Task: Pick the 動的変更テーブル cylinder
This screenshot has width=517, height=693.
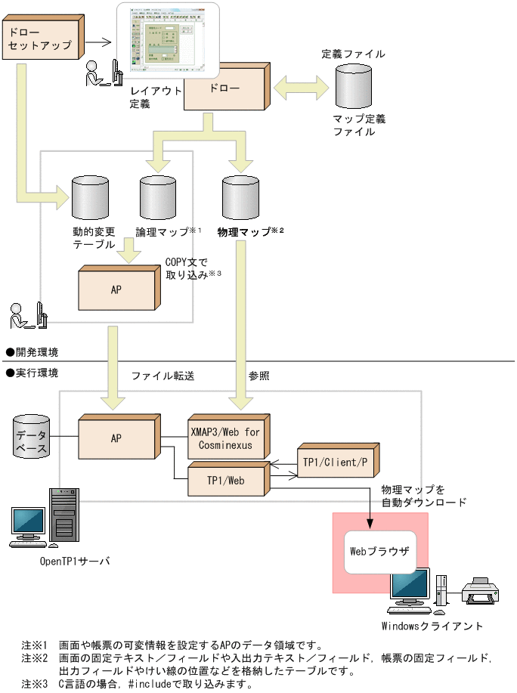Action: (x=90, y=197)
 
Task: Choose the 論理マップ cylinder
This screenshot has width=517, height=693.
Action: (x=158, y=197)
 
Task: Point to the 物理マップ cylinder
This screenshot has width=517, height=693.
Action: (x=240, y=197)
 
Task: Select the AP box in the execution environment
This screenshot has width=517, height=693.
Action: (x=116, y=438)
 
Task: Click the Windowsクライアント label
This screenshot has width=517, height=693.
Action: (x=432, y=626)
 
